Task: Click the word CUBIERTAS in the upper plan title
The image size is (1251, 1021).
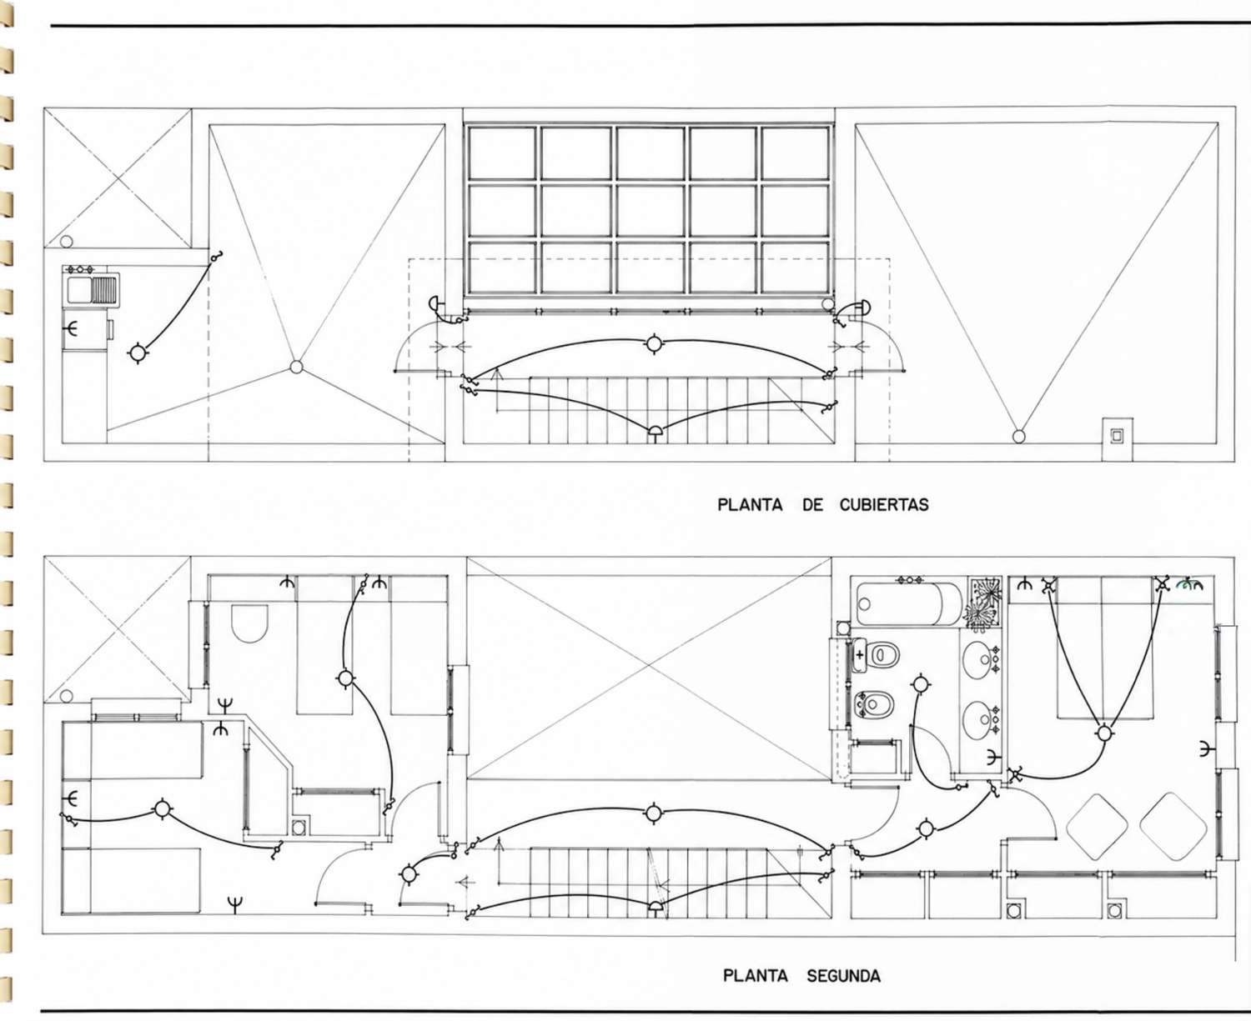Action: (884, 504)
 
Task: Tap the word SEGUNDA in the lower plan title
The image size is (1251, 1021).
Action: (843, 976)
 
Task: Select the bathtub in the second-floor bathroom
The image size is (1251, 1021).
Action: (907, 603)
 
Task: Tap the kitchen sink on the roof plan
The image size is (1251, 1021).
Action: (92, 291)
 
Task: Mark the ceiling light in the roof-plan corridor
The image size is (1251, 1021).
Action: (654, 343)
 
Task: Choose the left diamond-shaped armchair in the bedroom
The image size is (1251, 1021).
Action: (1097, 827)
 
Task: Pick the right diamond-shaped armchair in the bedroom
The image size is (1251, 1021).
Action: (1173, 826)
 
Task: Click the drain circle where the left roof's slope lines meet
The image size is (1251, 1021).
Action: (297, 367)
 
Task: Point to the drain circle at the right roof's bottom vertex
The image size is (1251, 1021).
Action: (1018, 437)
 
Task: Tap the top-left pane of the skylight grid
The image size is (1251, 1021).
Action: (502, 153)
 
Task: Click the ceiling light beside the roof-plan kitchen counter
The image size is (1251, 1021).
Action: (138, 353)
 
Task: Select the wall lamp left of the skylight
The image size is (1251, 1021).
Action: (436, 304)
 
